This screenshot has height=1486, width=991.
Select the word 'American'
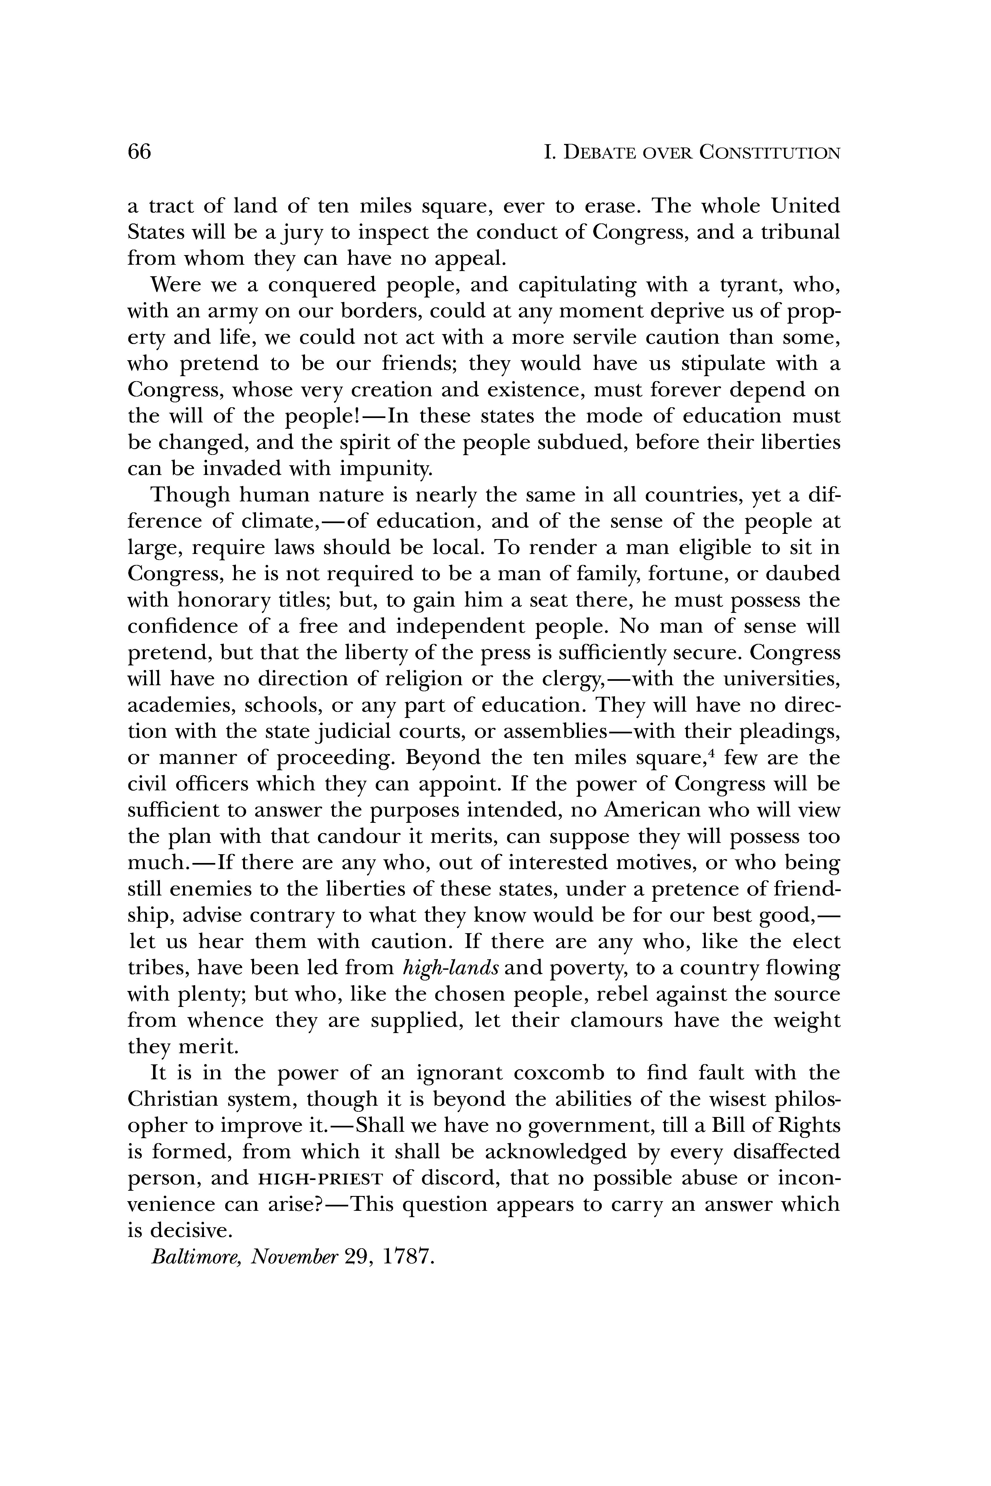pos(654,811)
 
